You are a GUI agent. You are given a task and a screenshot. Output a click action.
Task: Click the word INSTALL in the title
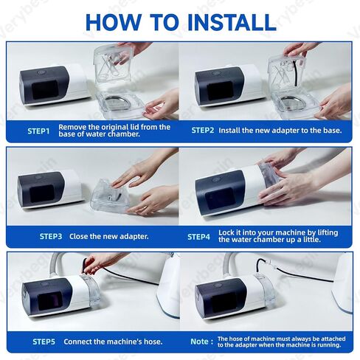(x=232, y=22)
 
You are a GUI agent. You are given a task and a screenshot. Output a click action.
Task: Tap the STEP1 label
(x=38, y=131)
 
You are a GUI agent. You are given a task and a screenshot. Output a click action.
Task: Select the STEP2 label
(x=203, y=131)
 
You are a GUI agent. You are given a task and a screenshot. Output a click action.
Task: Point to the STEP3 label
(x=51, y=237)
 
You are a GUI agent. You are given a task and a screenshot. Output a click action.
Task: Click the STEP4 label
(x=199, y=237)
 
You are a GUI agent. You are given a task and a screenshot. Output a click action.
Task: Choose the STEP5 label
(x=44, y=342)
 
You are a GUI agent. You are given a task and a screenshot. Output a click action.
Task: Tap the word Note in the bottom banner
(x=199, y=342)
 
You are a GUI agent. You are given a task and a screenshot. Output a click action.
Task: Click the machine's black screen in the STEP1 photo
(x=45, y=90)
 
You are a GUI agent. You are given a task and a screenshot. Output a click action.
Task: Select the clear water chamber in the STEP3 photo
(x=110, y=196)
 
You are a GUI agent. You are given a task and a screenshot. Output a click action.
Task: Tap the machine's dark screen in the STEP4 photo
(x=220, y=198)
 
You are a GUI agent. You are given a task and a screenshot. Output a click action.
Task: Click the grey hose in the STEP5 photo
(x=55, y=265)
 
